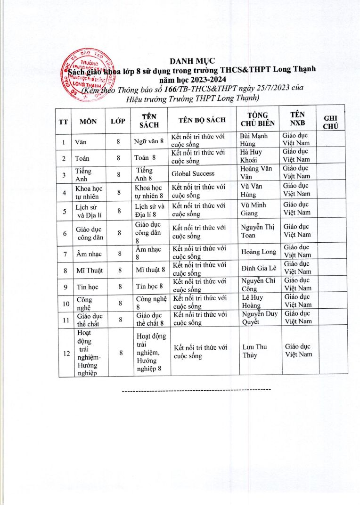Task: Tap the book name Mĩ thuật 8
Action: point(150,270)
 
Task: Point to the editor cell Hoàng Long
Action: point(258,253)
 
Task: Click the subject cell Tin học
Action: point(86,286)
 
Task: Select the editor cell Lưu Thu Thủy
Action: point(254,351)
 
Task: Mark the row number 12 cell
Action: point(64,352)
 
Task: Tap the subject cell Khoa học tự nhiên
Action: point(89,192)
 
